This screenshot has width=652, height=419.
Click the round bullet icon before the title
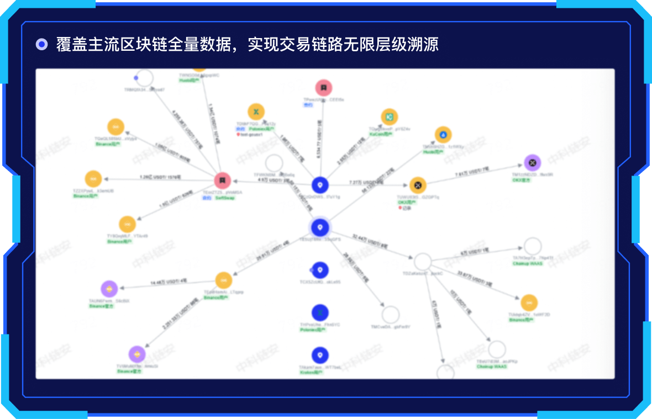(41, 44)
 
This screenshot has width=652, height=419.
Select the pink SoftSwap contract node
(222, 181)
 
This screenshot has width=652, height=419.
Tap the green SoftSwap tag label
(225, 198)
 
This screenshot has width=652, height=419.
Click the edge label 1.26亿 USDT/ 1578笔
(160, 177)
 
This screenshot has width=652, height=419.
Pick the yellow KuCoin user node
(390, 117)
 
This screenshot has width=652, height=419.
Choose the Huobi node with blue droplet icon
(443, 135)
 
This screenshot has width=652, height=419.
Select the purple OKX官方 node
(532, 162)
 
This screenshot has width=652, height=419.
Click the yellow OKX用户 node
(418, 185)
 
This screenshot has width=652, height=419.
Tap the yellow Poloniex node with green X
(256, 112)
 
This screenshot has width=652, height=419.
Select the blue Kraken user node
(320, 356)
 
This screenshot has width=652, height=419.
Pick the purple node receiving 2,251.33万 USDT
(137, 354)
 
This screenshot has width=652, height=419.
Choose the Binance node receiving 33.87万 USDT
(529, 303)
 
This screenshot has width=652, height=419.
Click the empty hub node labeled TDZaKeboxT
(423, 262)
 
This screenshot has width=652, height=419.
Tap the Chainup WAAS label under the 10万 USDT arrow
(492, 367)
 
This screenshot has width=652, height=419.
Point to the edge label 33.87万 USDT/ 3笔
(475, 279)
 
